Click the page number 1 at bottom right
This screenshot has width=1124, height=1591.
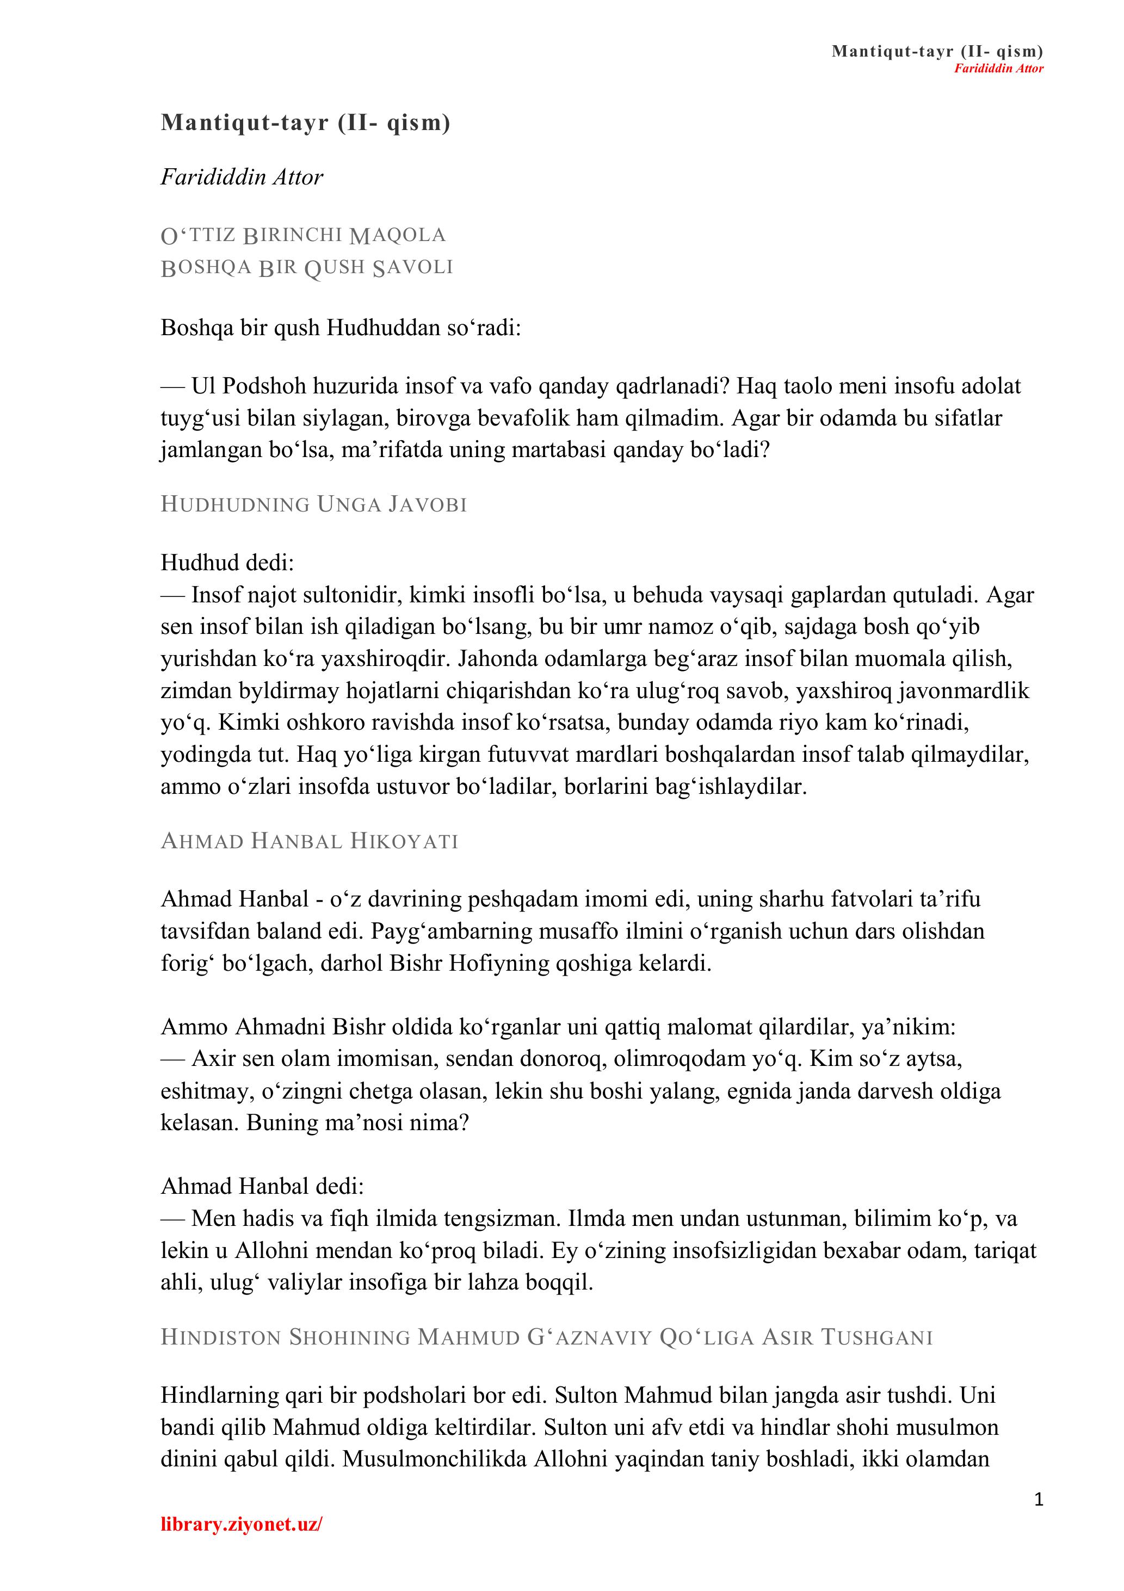pos(1038,1500)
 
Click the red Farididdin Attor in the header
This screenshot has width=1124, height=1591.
pos(998,68)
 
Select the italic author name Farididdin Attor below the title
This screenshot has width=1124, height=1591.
pos(242,177)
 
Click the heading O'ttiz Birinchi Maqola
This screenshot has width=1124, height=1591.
pos(303,236)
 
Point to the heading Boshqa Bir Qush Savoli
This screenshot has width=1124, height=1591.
pos(306,268)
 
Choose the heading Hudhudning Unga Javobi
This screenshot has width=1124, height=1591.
pos(314,504)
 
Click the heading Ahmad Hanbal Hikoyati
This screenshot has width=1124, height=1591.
pos(309,841)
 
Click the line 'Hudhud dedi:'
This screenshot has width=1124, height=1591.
pos(227,563)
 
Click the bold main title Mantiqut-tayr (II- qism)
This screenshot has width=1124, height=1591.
pos(306,122)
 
